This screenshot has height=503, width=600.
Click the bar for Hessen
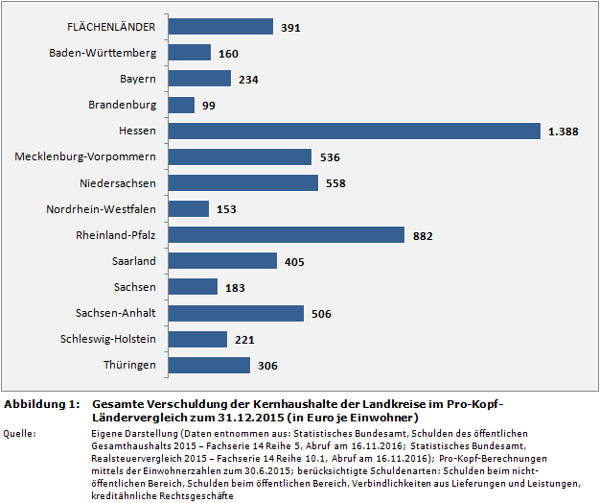pos(355,131)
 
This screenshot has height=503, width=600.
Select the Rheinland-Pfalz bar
pos(287,234)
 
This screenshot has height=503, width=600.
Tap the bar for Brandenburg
pos(181,105)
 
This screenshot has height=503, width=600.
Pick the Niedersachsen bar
pos(243,182)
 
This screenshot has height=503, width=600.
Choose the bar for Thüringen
pos(209,365)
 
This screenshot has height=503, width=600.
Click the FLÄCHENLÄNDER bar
pos(220,27)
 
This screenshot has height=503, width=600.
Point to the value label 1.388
pos(563,132)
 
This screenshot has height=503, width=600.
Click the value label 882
pos(424,235)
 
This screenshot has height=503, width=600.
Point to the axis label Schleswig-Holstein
pos(108,339)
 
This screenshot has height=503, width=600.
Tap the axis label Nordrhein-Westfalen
pos(102,208)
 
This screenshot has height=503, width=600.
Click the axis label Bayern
pos(138,79)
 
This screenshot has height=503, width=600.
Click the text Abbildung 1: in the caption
pos(41,405)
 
